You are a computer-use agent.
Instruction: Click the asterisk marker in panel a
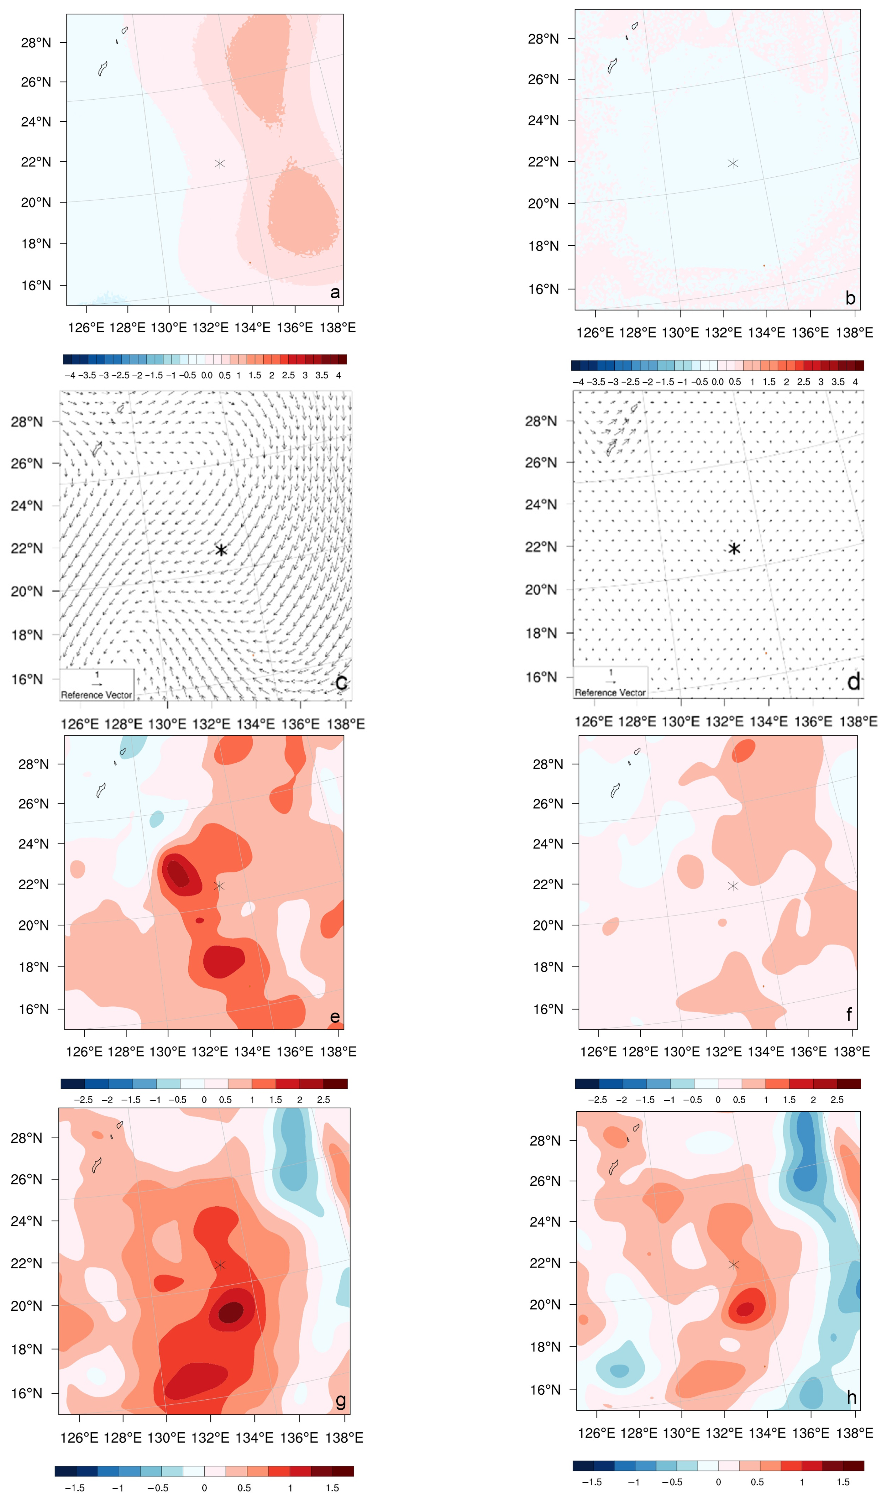point(220,163)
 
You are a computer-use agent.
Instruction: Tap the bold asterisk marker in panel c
point(221,550)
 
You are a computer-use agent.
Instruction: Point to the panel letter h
point(852,1398)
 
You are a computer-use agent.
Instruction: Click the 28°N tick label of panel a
point(36,42)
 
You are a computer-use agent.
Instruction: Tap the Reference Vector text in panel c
point(96,695)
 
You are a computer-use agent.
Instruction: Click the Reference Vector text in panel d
point(610,692)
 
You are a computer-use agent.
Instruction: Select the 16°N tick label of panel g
point(26,1393)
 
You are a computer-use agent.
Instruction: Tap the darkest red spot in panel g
point(231,1313)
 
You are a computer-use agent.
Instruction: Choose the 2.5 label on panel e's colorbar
point(323,1099)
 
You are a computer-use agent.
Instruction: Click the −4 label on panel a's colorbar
point(70,375)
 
